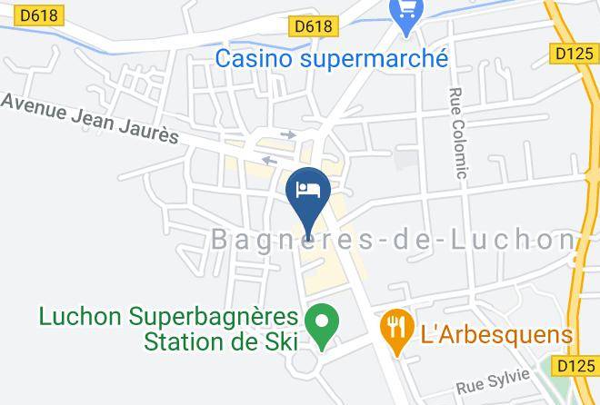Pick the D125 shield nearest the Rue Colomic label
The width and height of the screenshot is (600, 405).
click(x=574, y=54)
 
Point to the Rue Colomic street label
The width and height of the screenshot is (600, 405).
click(x=457, y=134)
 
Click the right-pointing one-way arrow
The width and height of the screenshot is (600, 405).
click(x=288, y=135)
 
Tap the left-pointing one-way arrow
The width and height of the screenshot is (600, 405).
click(x=270, y=161)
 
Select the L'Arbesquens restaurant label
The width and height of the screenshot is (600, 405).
click(x=496, y=333)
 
